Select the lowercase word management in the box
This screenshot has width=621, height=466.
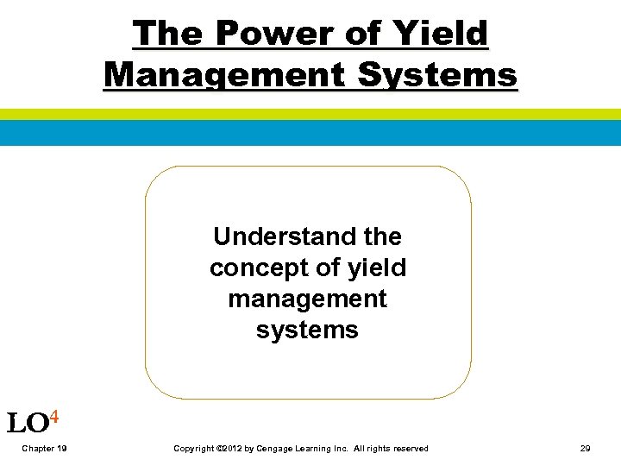(307, 299)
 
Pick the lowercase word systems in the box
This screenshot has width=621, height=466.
(307, 330)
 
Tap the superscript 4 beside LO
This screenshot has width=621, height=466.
(54, 418)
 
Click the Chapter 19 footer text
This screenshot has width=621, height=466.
(45, 449)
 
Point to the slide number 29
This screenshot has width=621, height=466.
(586, 449)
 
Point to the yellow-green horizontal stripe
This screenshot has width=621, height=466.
(310, 114)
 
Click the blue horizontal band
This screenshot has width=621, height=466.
(310, 133)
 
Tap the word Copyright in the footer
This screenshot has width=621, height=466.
(192, 449)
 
